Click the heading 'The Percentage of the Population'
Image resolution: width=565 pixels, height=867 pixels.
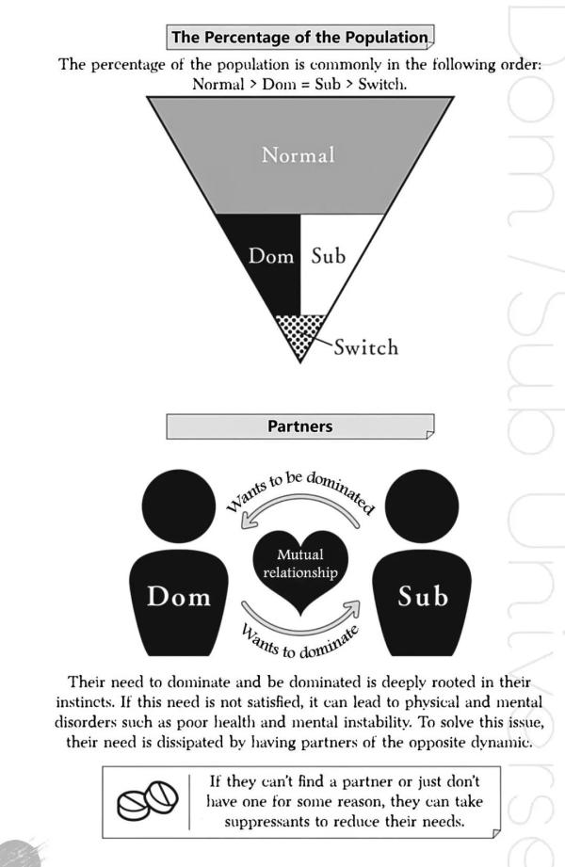[299, 37]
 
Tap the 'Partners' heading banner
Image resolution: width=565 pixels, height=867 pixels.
[300, 426]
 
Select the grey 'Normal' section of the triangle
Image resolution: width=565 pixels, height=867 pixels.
[300, 154]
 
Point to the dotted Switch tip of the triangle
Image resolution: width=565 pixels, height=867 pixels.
[300, 334]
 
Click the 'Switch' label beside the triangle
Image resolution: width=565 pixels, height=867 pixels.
[365, 347]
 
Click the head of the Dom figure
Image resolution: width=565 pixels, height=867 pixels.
[179, 506]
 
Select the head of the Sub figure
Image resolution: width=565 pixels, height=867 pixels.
[422, 506]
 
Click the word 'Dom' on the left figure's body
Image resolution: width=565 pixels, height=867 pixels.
[179, 597]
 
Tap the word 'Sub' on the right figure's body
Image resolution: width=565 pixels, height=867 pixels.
[423, 597]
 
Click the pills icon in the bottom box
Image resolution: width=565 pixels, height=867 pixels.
[148, 800]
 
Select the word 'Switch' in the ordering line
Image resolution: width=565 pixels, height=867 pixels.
[382, 85]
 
